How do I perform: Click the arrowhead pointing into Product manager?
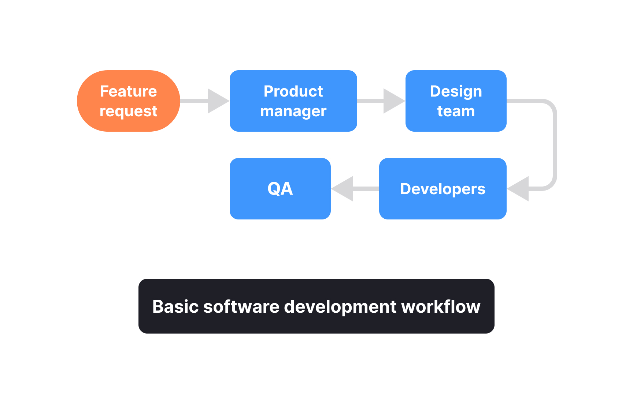pos(218,101)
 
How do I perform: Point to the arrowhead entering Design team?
pos(393,101)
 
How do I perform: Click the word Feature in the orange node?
pos(128,91)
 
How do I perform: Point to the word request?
pos(128,111)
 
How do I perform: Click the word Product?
pos(293,91)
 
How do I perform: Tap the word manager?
pos(293,111)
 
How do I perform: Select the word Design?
pos(456,91)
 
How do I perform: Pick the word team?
pos(456,111)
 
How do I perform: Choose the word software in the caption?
pos(241,306)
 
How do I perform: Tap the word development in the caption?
pos(340,306)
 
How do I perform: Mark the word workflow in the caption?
pos(441,306)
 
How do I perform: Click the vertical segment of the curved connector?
pos(555,145)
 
